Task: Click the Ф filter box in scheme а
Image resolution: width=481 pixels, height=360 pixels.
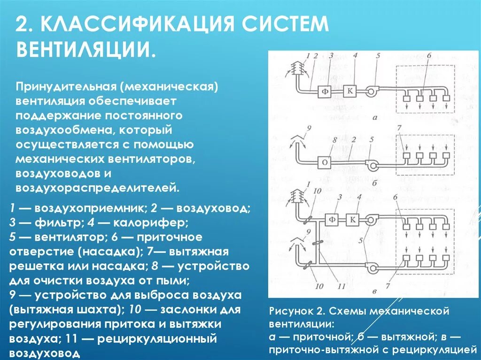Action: pos(325,92)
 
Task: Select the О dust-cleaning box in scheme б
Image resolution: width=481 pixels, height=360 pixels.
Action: pos(325,162)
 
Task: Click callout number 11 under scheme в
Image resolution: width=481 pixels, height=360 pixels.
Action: pos(341,285)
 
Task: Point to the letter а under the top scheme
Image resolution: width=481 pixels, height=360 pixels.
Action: pos(375,118)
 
